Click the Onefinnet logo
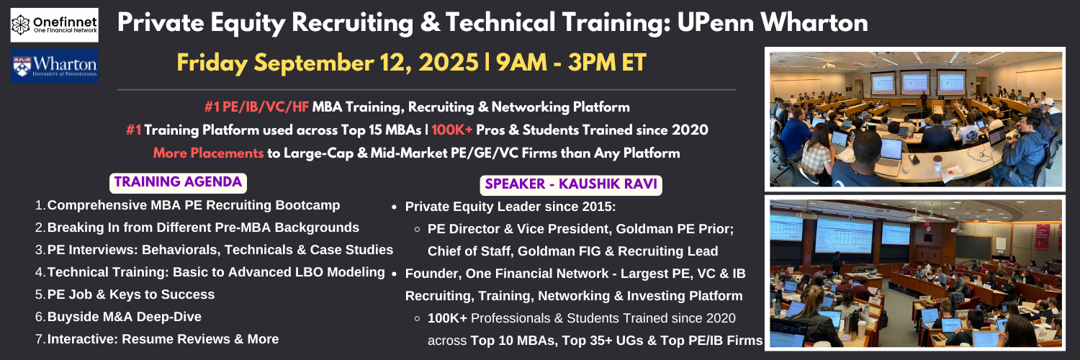pos(55,25)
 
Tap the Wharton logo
pos(55,66)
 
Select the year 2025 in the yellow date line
pos(448,63)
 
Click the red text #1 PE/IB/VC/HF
pos(256,107)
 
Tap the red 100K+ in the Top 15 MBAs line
pos(451,130)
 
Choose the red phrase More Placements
pos(208,153)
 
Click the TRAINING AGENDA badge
pos(178,183)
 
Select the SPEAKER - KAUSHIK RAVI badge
pos(571,184)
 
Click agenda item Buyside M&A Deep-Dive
pos(125,317)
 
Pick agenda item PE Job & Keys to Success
pos(130,294)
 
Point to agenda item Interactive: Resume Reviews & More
pos(163,339)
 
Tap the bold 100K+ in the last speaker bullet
pos(447,318)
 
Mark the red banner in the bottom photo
pos(1043,237)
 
